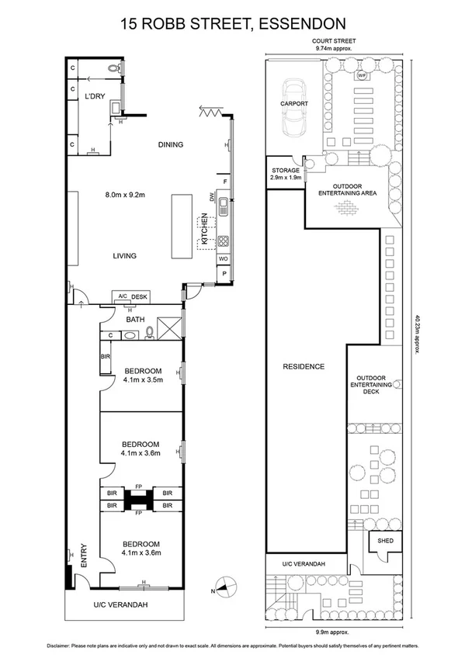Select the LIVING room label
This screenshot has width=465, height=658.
tap(124, 255)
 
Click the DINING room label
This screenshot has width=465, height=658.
tap(170, 144)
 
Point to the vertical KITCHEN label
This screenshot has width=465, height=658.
tap(204, 230)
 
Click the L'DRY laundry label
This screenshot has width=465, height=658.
tap(95, 96)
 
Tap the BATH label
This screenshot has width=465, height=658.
tap(135, 318)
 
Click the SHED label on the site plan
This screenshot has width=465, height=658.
tap(385, 540)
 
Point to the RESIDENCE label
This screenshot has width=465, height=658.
tap(303, 366)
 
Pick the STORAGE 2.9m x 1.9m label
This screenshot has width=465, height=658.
tap(285, 173)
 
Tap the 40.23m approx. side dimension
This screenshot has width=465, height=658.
tap(418, 334)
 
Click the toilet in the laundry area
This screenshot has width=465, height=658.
tap(116, 69)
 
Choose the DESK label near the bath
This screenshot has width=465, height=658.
tap(139, 296)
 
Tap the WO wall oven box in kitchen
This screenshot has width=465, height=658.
tap(223, 258)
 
